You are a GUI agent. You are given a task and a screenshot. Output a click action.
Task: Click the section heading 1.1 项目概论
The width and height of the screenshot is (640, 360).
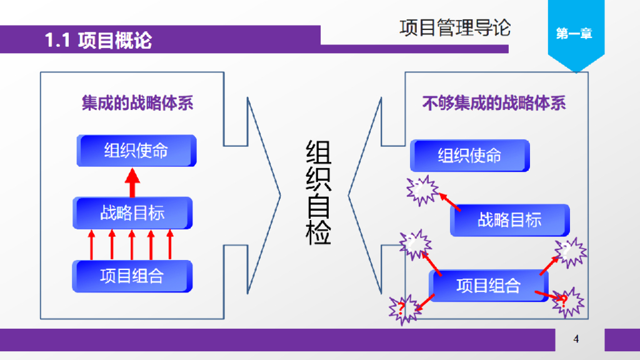(98, 41)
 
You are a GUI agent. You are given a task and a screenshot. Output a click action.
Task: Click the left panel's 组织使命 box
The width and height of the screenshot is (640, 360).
(136, 151)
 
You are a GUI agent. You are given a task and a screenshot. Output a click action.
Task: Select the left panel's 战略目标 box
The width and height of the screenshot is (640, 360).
(132, 212)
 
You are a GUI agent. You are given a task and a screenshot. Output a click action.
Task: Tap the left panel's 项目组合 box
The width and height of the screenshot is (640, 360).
(132, 276)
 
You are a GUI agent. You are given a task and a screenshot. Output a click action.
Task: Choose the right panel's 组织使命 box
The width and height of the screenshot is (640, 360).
(469, 156)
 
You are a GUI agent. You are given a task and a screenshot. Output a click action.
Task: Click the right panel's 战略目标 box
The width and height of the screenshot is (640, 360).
(509, 220)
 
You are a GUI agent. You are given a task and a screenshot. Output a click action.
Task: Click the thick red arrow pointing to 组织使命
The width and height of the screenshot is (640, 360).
(132, 182)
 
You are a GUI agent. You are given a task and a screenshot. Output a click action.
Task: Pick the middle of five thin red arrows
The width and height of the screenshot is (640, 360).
(132, 244)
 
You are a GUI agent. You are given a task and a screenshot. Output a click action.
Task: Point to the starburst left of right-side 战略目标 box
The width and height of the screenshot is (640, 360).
(415, 243)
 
